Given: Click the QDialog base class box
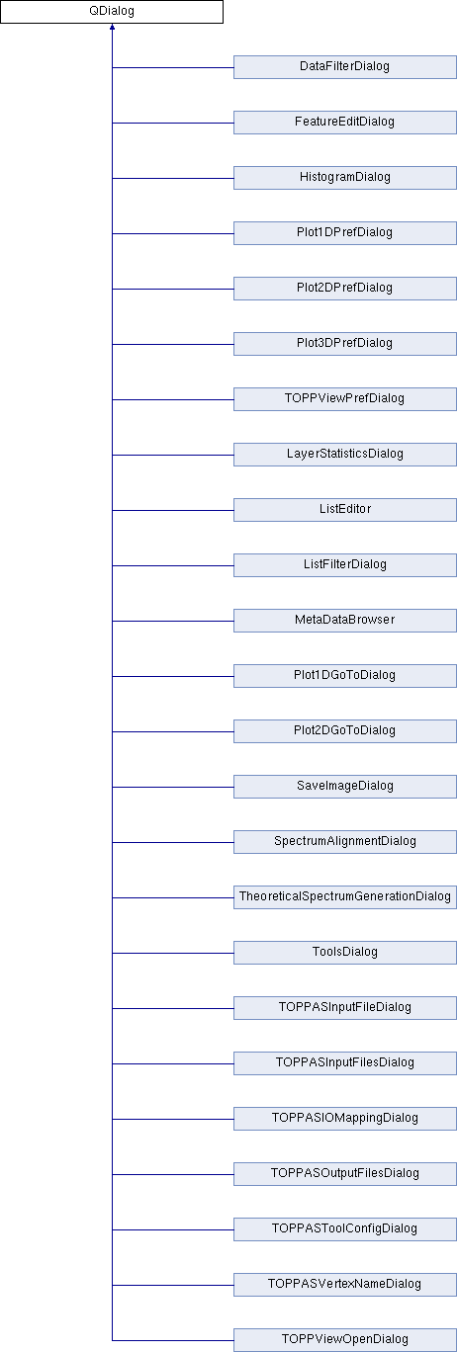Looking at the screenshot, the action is click(112, 12).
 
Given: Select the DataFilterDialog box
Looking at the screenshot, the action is click(344, 67).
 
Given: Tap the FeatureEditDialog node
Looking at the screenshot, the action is click(344, 123).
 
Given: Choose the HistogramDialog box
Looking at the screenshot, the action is click(344, 178).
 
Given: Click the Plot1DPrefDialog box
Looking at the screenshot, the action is click(344, 233).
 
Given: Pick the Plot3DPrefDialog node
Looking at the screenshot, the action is click(344, 344).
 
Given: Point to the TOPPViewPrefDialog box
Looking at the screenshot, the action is click(344, 399).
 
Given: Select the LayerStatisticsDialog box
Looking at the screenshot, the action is click(344, 455).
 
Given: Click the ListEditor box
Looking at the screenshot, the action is click(344, 510).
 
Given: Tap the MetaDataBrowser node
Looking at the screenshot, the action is click(344, 621).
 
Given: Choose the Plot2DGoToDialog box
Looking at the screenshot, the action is click(344, 731).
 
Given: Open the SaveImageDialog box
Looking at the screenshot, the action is click(344, 787).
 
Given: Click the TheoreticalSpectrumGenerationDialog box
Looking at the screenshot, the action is click(344, 897).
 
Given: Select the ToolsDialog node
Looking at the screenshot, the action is click(344, 953).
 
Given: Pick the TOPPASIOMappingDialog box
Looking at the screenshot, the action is click(344, 1119).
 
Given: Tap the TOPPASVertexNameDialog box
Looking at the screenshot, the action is click(344, 1285).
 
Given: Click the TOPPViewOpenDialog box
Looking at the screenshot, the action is click(344, 1340).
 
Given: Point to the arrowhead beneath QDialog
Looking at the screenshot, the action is click(113, 27).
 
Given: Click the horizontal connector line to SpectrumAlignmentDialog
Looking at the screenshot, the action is click(173, 843).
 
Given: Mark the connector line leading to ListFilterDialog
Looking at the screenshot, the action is click(173, 565).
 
